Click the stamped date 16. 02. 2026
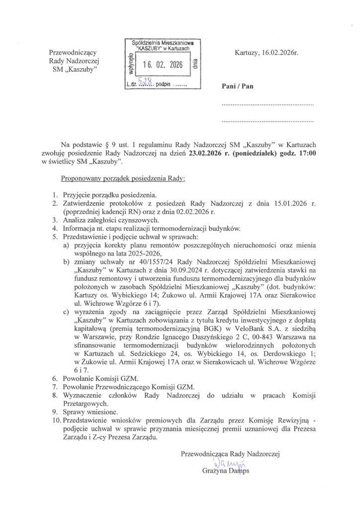tap(163, 65)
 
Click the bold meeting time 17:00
tap(305, 154)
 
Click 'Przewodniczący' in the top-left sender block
tap(75, 52)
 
